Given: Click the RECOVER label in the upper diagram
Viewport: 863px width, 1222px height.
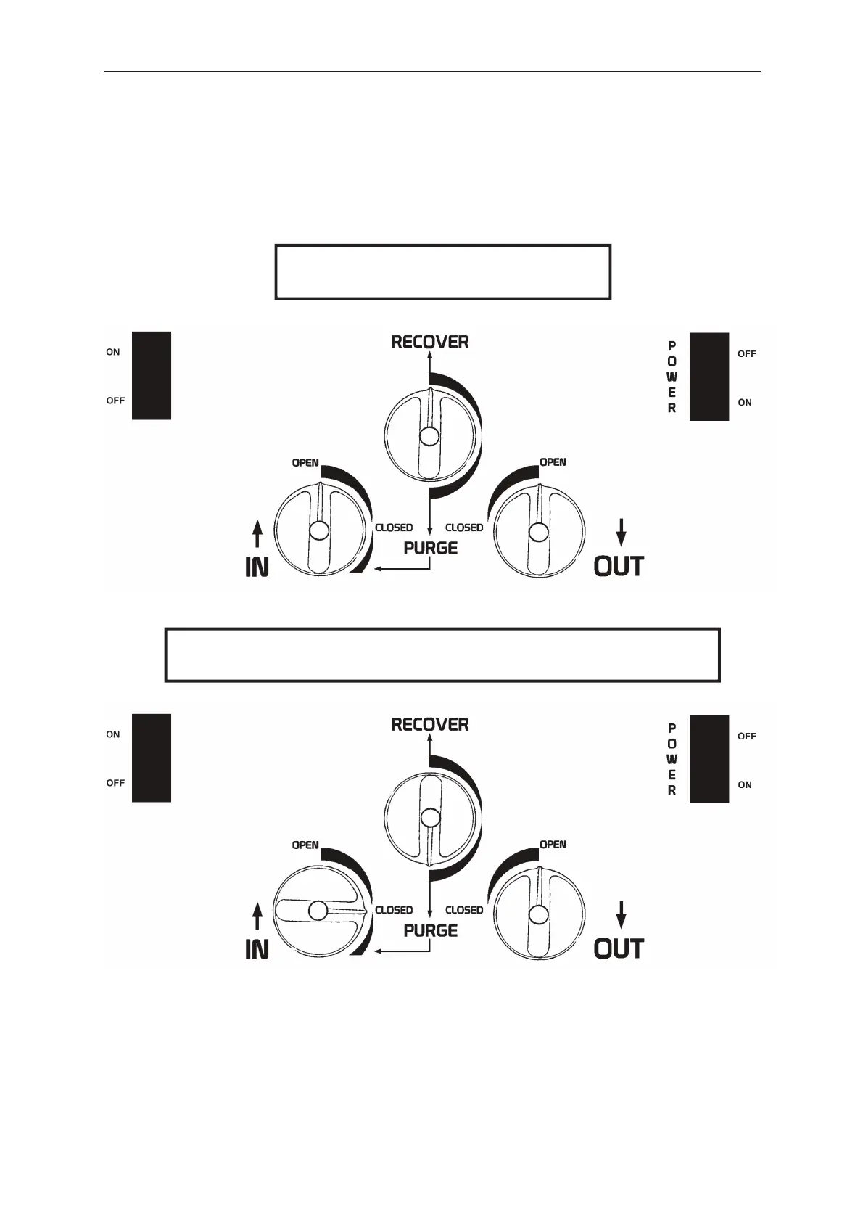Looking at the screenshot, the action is click(x=429, y=342).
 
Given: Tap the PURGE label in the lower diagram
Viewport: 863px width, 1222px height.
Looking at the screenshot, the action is click(x=431, y=930).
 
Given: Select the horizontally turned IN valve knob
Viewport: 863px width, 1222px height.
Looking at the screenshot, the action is click(x=318, y=911).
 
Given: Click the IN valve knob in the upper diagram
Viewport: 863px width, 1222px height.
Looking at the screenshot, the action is click(x=318, y=530).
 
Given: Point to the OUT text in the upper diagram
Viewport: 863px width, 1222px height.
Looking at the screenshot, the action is click(x=619, y=566).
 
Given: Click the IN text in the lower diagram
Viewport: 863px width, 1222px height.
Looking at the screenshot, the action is click(x=257, y=948).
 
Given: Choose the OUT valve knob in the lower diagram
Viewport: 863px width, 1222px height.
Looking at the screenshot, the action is click(x=538, y=913).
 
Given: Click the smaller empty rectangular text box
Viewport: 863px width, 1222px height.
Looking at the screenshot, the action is click(x=442, y=272).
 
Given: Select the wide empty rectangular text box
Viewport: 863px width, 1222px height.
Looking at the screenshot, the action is click(x=442, y=655).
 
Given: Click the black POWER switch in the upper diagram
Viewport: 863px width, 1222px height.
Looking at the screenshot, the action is click(x=709, y=377).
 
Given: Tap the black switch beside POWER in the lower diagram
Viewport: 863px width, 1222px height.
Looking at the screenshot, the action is click(x=709, y=758).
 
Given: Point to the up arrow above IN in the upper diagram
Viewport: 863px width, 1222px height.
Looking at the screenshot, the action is click(x=257, y=537).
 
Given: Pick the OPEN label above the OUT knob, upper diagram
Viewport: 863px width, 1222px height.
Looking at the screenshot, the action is click(x=553, y=462).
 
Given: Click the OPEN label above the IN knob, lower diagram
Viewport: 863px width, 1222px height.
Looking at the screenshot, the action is click(x=305, y=845).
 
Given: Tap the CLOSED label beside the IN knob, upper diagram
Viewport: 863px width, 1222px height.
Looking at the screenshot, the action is click(x=394, y=528).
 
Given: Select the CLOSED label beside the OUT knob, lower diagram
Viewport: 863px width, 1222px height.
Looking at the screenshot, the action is click(x=464, y=910).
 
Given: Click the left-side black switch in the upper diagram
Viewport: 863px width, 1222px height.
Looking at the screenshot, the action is click(x=151, y=375).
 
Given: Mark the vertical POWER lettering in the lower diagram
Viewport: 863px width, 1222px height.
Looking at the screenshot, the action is click(x=672, y=758).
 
